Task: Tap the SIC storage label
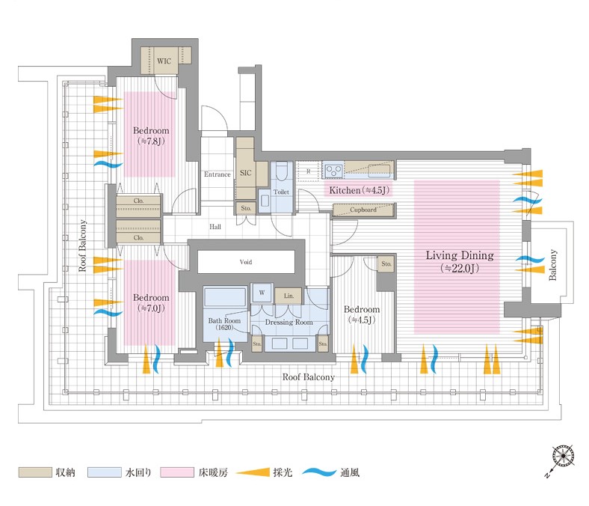coord(245,173)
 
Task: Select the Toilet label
coord(281,192)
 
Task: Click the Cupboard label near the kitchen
coord(363,210)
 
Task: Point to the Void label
coord(246,263)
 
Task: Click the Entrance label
coord(218,174)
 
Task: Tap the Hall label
coord(215,225)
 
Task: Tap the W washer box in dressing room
coord(262,292)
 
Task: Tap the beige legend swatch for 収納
coord(33,473)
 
